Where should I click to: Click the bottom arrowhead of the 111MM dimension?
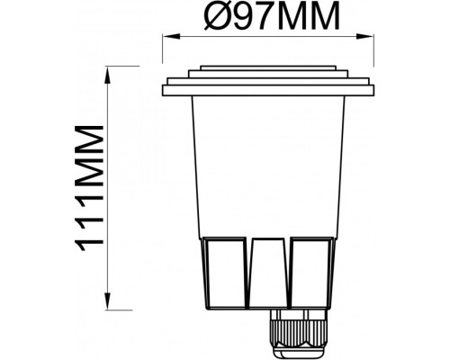[109, 304]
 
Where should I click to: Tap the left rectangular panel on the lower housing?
[225, 273]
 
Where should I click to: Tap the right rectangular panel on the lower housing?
[311, 273]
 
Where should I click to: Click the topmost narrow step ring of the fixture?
[268, 68]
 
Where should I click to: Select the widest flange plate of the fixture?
[268, 88]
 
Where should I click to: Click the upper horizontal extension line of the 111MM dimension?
[135, 66]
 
